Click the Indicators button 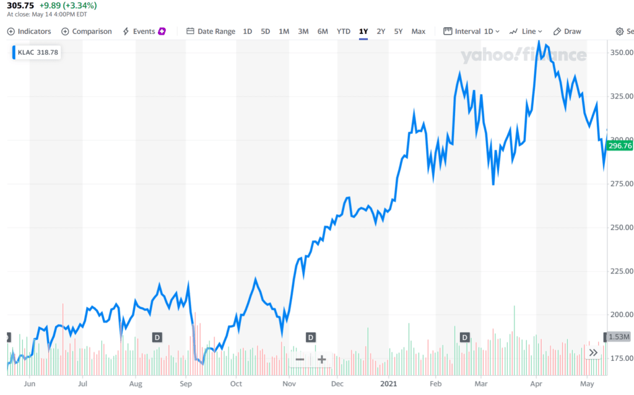click(28, 32)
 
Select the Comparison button click(87, 32)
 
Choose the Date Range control click(211, 32)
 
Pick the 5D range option click(266, 32)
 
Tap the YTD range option click(343, 32)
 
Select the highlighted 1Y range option click(363, 32)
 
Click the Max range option click(419, 32)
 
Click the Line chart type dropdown click(526, 32)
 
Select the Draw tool click(567, 32)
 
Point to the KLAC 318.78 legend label click(38, 53)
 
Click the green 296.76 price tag click(620, 146)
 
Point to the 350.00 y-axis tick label click(620, 53)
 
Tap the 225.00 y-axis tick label click(620, 271)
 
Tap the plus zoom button click(322, 360)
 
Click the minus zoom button click(300, 360)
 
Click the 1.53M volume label click(619, 337)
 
